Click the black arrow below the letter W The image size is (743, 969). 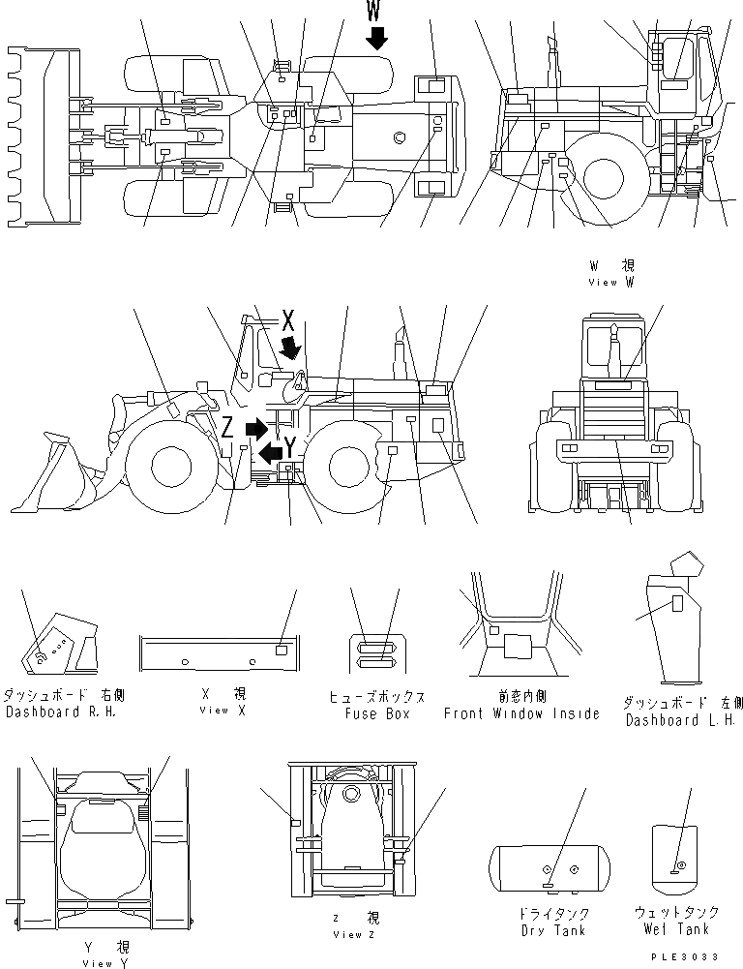point(376,38)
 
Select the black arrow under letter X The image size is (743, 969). point(290,346)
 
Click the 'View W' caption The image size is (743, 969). point(611,283)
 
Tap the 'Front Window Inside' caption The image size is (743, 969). point(521,713)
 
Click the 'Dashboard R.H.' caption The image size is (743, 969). point(64,712)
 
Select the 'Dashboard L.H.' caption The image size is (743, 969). point(680,720)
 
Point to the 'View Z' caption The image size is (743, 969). point(347,934)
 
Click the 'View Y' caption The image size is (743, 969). point(104,963)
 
